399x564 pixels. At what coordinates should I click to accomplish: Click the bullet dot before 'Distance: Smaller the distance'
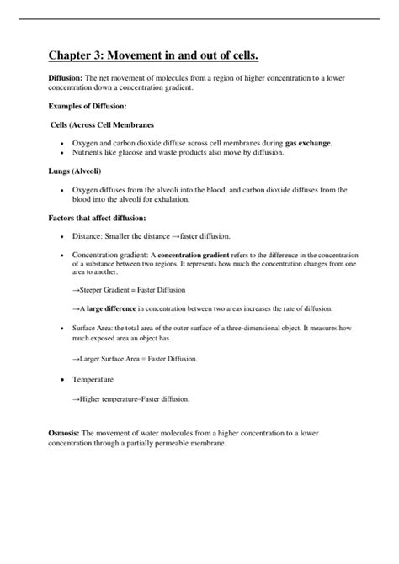[61, 236]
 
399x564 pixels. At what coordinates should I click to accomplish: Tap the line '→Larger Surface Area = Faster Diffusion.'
[135, 359]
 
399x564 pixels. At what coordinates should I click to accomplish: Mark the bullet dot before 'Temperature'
[61, 379]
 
